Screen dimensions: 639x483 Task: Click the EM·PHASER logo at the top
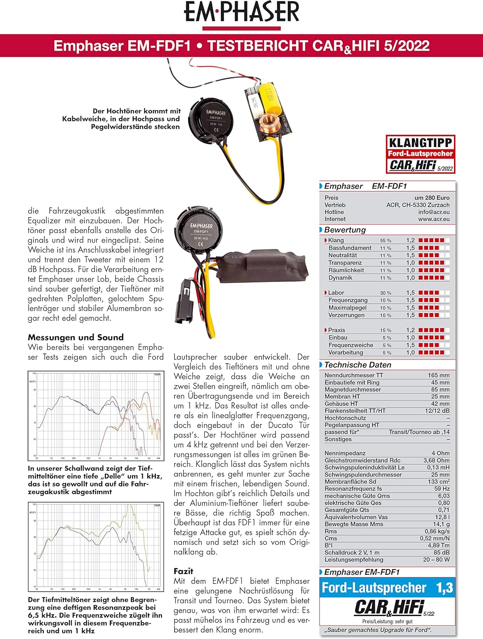tap(241, 13)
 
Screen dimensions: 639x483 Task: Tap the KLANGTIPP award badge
tap(420, 154)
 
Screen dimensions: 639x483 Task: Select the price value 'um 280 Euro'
tap(432, 198)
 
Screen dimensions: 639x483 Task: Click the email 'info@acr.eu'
tap(434, 212)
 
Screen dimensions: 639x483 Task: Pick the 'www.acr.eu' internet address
tap(434, 219)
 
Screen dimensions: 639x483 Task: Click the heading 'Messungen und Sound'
tap(75, 337)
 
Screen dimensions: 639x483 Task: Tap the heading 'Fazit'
tap(183, 571)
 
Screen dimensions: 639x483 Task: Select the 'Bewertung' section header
tap(345, 230)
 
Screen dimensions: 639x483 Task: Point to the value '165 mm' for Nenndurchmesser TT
tap(439, 375)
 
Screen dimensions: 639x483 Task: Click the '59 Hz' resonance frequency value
tap(442, 489)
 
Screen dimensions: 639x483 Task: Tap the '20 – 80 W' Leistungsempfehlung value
tap(436, 560)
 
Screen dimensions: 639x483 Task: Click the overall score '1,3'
tap(444, 588)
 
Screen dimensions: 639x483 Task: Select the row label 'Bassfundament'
tap(350, 248)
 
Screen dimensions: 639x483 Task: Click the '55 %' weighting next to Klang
tap(385, 241)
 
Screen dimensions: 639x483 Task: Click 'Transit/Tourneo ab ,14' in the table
tap(419, 432)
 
